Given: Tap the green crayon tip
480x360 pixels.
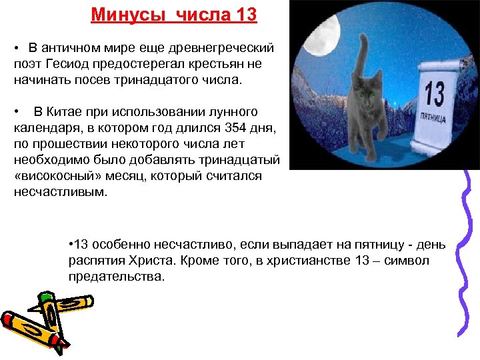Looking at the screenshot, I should [45, 295].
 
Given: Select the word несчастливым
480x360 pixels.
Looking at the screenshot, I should [58, 191].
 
